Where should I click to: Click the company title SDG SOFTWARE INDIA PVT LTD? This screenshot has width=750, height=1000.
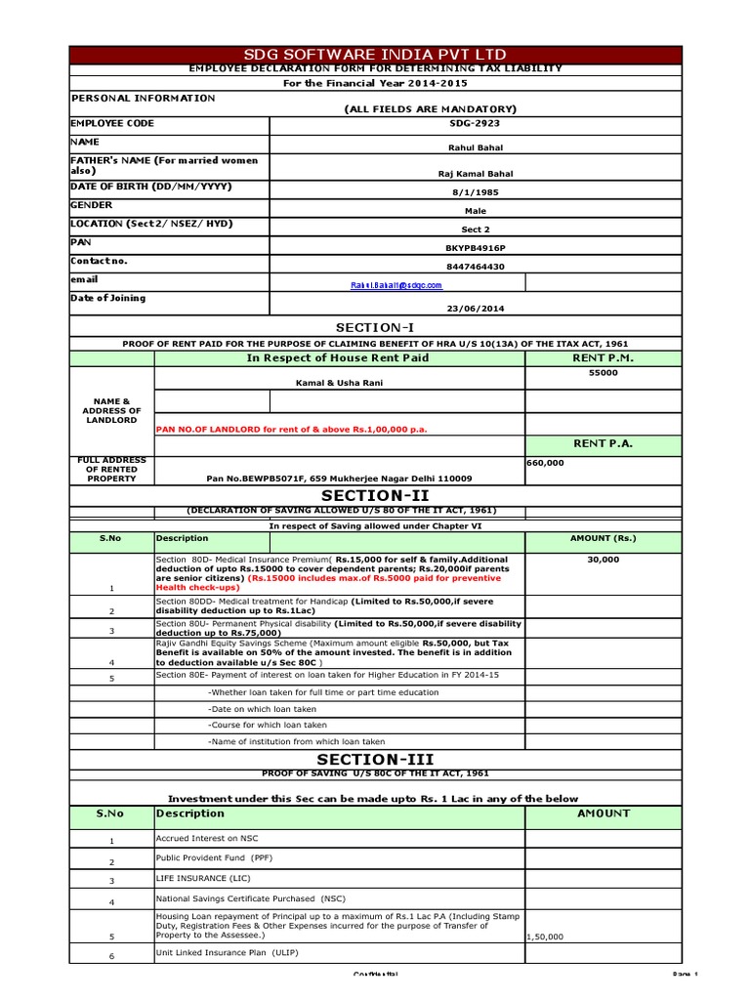pyautogui.click(x=375, y=55)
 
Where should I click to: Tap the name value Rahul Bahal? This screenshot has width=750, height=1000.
pyautogui.click(x=475, y=148)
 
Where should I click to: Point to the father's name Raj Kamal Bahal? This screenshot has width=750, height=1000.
pyautogui.click(x=475, y=174)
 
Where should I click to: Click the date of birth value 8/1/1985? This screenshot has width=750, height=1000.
pyautogui.click(x=475, y=192)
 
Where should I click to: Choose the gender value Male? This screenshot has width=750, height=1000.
pyautogui.click(x=475, y=211)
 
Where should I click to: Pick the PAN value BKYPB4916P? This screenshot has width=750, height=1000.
pyautogui.click(x=475, y=248)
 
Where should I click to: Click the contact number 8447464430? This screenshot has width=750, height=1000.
pyautogui.click(x=475, y=267)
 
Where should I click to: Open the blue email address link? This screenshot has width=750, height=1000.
pyautogui.click(x=396, y=285)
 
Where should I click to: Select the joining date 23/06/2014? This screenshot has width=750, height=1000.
pyautogui.click(x=475, y=309)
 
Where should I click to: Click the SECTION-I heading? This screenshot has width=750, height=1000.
pyautogui.click(x=375, y=327)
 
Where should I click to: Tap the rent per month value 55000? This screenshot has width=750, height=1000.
pyautogui.click(x=604, y=373)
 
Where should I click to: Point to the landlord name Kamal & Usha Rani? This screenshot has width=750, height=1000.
pyautogui.click(x=340, y=383)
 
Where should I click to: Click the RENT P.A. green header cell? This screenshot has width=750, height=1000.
pyautogui.click(x=604, y=443)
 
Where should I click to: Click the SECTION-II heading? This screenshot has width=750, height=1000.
pyautogui.click(x=375, y=496)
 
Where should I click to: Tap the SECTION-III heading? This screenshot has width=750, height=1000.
pyautogui.click(x=375, y=759)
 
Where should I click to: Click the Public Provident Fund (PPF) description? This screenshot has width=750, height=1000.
pyautogui.click(x=214, y=856)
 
